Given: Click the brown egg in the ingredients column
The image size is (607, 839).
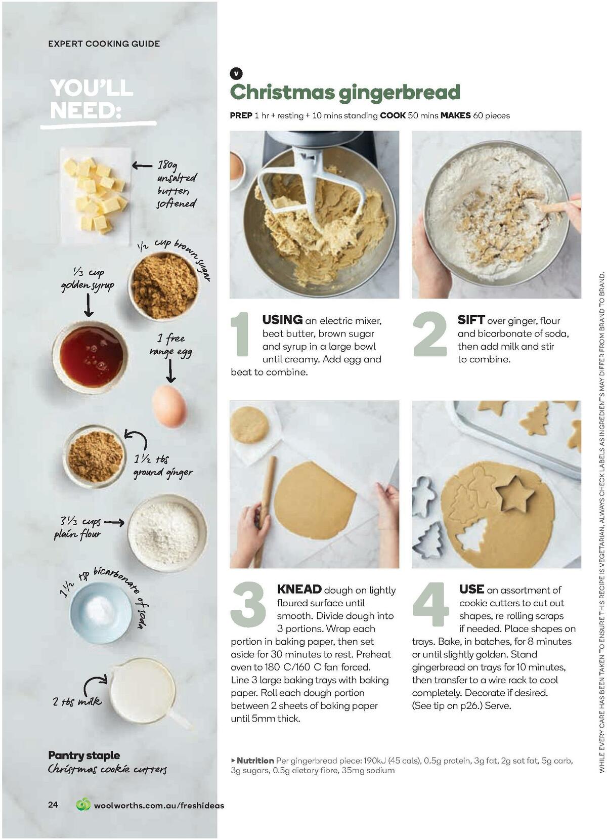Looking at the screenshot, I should click(169, 405).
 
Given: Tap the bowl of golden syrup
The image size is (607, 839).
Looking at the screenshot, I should click(91, 356).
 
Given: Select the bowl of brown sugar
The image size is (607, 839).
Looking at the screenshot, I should click(163, 286).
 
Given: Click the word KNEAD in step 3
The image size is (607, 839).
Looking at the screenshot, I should click(299, 589).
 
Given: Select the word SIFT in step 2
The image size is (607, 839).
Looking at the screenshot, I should click(471, 320).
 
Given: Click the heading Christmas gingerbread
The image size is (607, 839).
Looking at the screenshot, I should click(345, 92).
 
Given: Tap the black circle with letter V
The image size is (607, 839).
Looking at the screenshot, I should click(236, 73).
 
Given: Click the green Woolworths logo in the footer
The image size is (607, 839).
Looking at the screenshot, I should click(83, 804).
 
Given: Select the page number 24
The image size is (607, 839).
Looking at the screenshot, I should click(53, 805).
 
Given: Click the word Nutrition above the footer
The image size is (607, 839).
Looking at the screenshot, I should click(255, 760).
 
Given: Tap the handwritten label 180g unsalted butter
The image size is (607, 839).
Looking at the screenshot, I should click(176, 184).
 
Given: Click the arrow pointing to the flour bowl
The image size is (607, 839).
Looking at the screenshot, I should click(114, 522).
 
